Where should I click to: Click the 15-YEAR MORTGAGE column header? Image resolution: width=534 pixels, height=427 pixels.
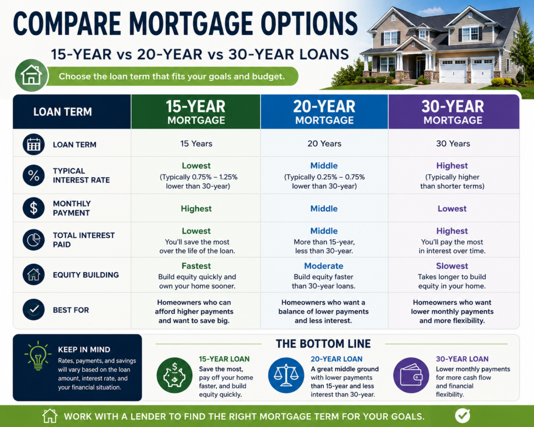pos(196,112)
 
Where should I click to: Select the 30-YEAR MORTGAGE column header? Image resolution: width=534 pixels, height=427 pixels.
pos(454,112)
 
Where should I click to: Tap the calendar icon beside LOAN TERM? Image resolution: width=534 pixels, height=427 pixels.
pos(34,144)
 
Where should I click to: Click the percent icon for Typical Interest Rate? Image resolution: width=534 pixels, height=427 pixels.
pos(34,175)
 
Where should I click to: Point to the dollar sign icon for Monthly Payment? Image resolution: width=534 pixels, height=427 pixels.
pos(34,208)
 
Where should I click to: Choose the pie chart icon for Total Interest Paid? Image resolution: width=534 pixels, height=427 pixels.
pos(34,240)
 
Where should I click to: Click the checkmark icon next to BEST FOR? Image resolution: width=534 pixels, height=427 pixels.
pos(34,310)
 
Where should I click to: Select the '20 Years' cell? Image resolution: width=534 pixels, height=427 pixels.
pos(324,144)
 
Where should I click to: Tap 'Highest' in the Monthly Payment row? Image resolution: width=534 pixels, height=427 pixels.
pos(196,209)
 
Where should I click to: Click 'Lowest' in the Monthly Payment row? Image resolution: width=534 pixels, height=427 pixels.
pos(452,209)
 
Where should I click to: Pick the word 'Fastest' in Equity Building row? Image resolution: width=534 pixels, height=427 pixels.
pos(196,266)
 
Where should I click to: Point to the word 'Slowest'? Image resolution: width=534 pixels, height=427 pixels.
pos(452,266)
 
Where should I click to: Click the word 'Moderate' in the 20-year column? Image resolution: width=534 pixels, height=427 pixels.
pos(323,266)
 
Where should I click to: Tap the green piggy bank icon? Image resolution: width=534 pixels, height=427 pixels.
pos(174,375)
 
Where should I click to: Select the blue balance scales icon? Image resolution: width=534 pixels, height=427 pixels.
pos(286,375)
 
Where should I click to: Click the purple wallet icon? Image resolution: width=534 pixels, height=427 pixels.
pos(411,375)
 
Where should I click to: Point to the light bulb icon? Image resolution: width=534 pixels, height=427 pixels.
pos(38,356)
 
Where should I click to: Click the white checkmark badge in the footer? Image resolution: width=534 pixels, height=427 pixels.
pos(463,416)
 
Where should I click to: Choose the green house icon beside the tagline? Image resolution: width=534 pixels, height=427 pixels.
pos(31,75)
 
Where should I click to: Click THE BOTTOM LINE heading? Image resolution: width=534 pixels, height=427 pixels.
pos(323,344)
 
